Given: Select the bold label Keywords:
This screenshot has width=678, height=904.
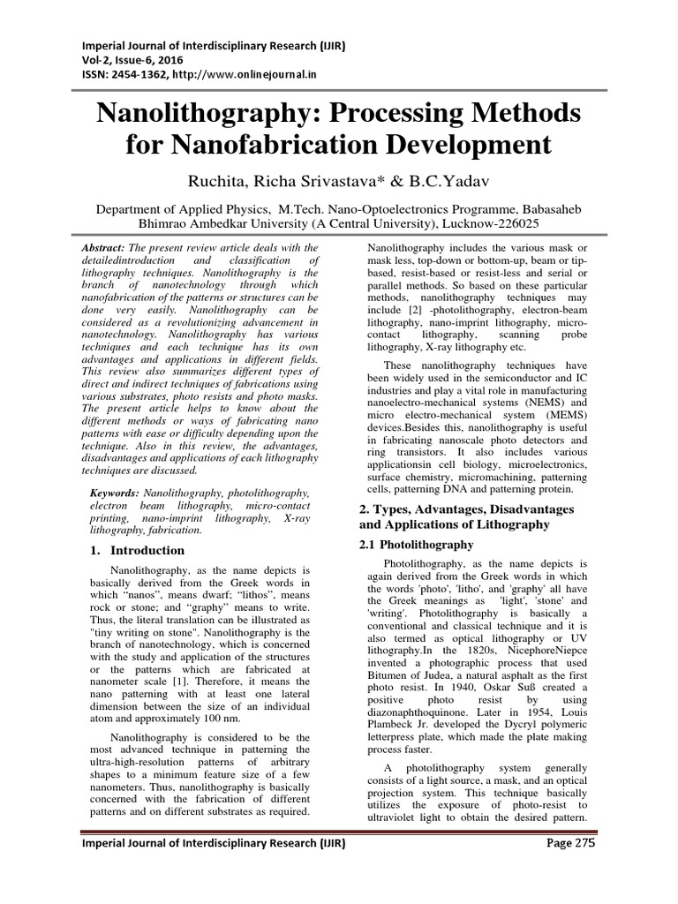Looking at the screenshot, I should tap(117, 492).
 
